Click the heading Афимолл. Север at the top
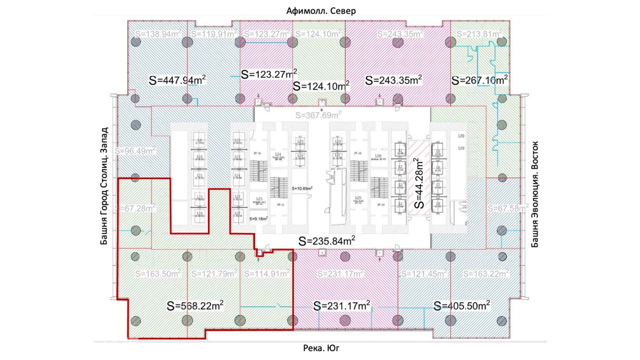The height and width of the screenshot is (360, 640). click(x=321, y=11)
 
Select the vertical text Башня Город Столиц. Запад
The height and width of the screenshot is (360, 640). click(x=104, y=185)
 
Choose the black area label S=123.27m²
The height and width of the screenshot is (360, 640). click(x=269, y=74)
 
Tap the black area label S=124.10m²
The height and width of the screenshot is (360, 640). click(x=321, y=85)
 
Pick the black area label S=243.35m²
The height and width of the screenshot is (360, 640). click(x=393, y=80)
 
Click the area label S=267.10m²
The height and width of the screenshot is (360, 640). click(x=479, y=80)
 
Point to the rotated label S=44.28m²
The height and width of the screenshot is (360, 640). click(x=419, y=183)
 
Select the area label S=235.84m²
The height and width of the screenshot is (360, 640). click(x=327, y=241)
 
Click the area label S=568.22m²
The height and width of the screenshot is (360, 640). click(x=195, y=305)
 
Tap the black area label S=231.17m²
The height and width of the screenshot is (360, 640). click(x=341, y=305)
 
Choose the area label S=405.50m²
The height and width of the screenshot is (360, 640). click(x=461, y=305)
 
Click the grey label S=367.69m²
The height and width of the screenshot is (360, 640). click(x=318, y=115)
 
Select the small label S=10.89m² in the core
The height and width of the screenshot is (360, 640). click(x=302, y=188)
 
